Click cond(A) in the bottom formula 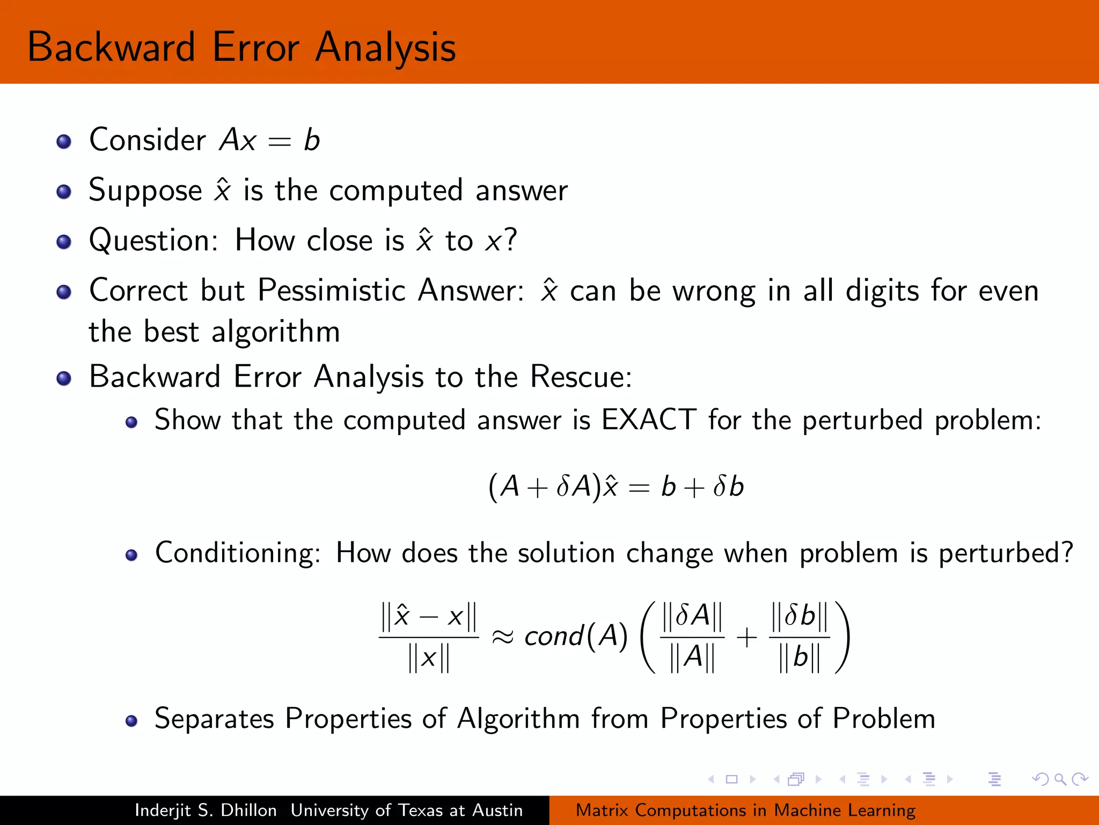tap(576, 636)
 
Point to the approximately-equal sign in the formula tap(503, 638)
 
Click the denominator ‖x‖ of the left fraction tap(428, 658)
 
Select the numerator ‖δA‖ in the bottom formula tap(692, 616)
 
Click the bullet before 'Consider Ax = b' tap(64, 142)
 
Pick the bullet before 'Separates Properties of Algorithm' tap(131, 720)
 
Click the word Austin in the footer tap(497, 810)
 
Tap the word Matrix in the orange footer tap(602, 810)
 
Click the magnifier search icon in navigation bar tap(1060, 779)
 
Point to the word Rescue tap(580, 377)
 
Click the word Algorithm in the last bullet tap(518, 719)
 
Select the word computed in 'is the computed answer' tap(396, 191)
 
